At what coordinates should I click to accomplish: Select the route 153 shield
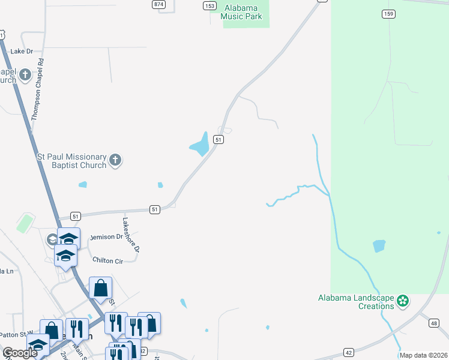tap(209, 5)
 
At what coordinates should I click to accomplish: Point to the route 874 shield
tap(158, 4)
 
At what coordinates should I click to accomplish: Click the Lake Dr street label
tap(22, 52)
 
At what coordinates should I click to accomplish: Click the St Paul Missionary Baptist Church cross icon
tap(115, 160)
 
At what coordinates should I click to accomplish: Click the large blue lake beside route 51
tap(199, 145)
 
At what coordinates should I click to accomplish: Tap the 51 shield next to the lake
tap(219, 139)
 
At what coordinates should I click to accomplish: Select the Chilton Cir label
tap(107, 260)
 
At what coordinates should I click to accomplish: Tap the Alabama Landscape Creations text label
tap(357, 302)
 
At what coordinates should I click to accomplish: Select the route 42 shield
tap(348, 352)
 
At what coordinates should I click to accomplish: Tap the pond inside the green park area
tap(379, 246)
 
